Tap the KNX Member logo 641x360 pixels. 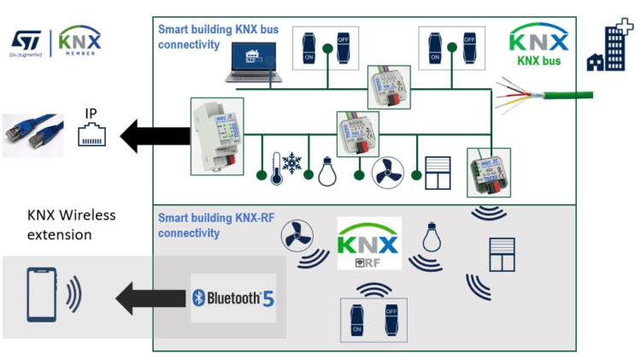tap(79, 40)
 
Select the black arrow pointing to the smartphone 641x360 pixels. tap(150, 298)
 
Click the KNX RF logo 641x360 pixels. tap(368, 243)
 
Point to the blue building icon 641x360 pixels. tap(609, 48)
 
